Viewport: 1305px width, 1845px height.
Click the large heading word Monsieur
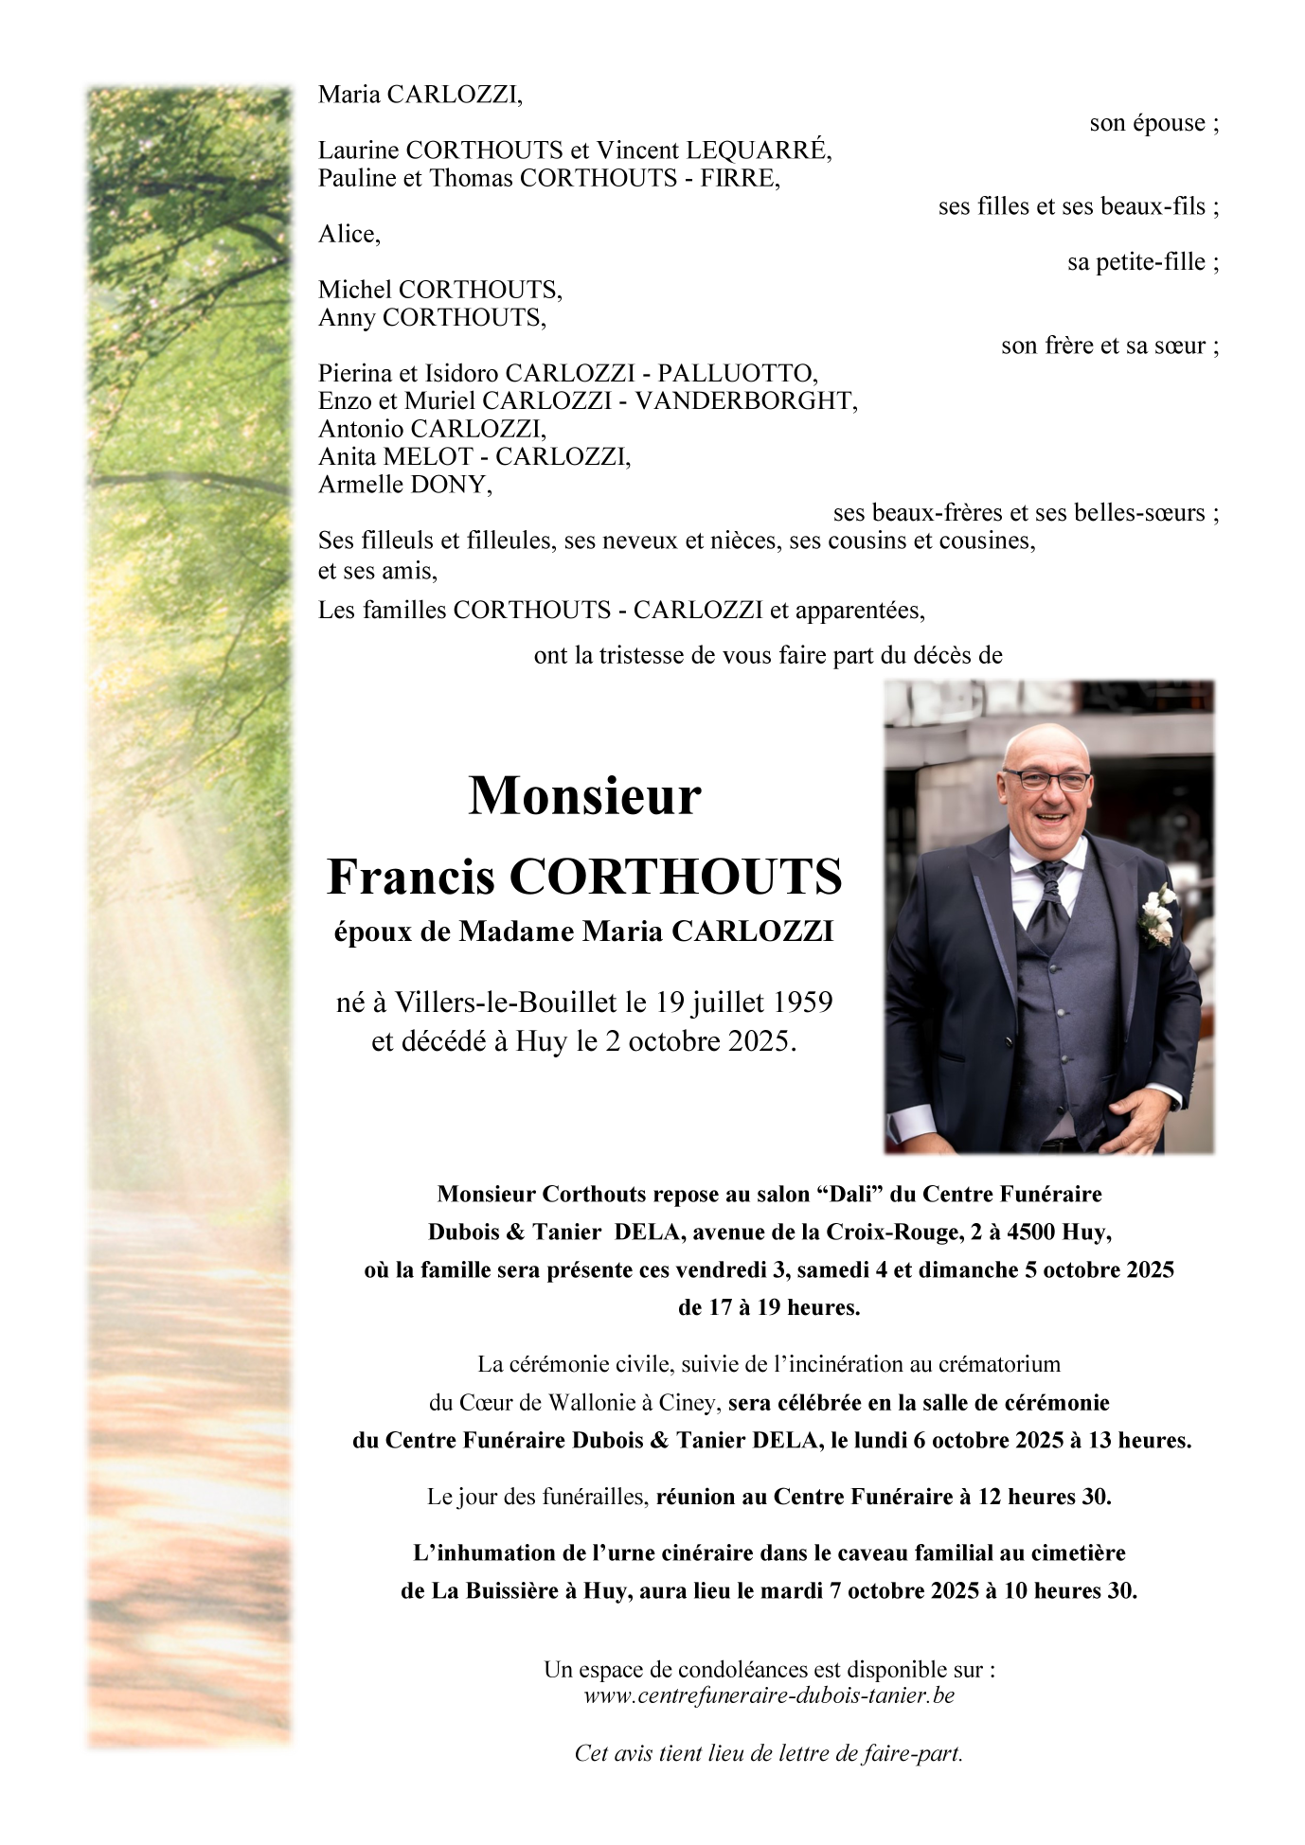[584, 795]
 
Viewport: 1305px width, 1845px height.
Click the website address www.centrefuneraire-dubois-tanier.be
[769, 1695]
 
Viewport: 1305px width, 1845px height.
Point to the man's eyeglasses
[1047, 781]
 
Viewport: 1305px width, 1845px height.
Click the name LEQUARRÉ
[758, 150]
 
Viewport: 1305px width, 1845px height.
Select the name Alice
[348, 234]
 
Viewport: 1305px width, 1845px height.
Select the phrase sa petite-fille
[1135, 262]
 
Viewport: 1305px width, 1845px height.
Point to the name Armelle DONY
[404, 485]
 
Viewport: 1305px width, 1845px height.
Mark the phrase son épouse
[1147, 123]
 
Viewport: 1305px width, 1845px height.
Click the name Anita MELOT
[395, 456]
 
